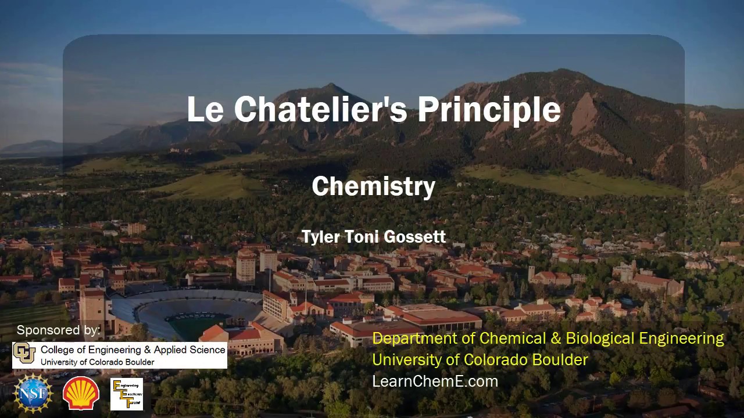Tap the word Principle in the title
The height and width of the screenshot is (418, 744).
point(489,110)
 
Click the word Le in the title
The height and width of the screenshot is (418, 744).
point(205,109)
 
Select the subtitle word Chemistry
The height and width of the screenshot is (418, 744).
point(373,187)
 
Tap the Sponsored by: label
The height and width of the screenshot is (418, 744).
point(58,330)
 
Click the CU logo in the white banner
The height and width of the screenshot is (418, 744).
point(24,354)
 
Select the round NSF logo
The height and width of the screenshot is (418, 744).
point(33,394)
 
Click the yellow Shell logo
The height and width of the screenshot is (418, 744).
point(81,394)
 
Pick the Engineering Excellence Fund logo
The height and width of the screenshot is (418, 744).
point(127,394)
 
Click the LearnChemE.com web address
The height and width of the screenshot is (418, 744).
point(435,381)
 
